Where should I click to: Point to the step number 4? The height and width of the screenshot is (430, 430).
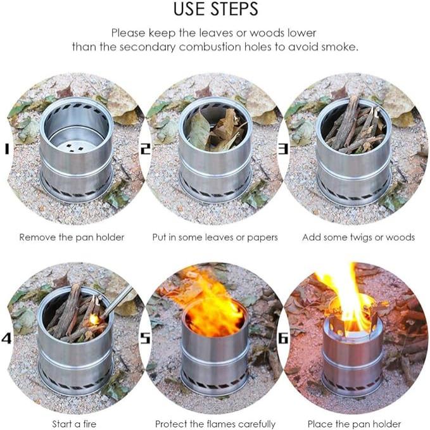(x=6, y=338)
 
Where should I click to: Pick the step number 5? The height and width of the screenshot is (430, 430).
(x=145, y=338)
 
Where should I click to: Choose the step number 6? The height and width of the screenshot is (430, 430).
(x=283, y=338)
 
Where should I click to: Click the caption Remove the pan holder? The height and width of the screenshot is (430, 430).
(x=72, y=237)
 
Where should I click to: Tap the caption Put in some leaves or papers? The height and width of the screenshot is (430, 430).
(x=215, y=237)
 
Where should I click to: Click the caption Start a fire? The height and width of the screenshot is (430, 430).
(x=72, y=424)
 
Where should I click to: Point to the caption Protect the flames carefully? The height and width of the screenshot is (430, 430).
(x=215, y=424)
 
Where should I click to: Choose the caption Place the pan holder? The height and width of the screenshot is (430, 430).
(x=354, y=424)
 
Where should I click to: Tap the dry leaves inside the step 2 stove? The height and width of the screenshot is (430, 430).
(x=215, y=130)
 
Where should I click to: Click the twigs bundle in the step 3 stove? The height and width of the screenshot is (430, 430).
(x=355, y=127)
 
